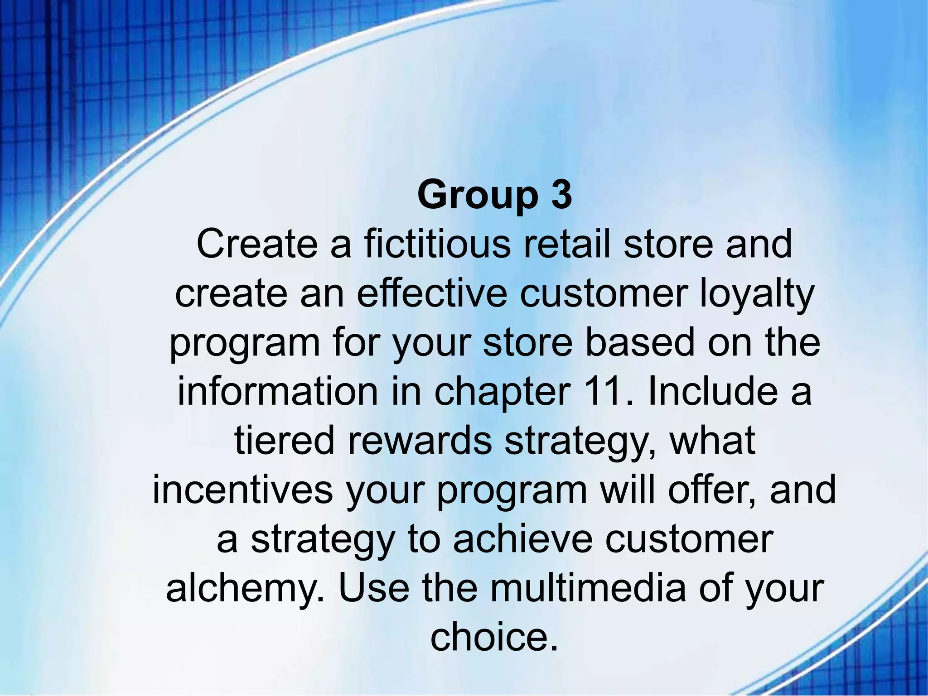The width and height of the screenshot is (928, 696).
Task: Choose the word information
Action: (x=277, y=392)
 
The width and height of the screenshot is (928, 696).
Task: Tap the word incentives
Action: (x=243, y=490)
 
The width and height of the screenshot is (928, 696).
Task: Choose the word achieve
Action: (x=523, y=539)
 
